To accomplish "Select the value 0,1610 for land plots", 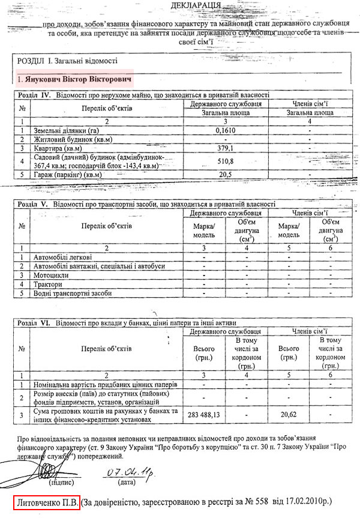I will (x=224, y=130).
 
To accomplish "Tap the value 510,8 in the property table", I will (x=224, y=161).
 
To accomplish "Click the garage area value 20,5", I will (x=224, y=174).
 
